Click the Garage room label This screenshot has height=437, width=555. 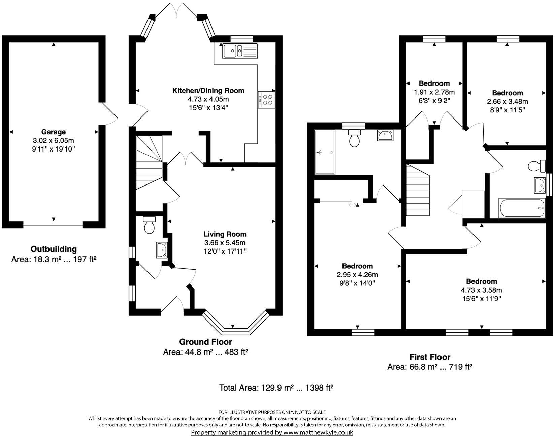[x=53, y=132]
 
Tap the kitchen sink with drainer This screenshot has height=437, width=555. [x=239, y=51]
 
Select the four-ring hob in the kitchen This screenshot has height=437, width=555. [x=267, y=100]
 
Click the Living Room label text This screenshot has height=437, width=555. [x=225, y=234]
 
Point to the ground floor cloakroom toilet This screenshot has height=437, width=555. [x=149, y=225]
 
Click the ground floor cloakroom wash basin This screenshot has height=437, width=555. [x=162, y=250]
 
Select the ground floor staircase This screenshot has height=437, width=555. [x=149, y=162]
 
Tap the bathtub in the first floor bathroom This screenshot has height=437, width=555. [x=521, y=208]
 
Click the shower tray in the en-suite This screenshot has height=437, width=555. [x=325, y=153]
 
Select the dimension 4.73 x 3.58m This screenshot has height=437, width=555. [x=481, y=290]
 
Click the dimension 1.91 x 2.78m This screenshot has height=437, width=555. [x=434, y=92]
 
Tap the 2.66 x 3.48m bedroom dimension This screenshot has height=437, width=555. [x=507, y=101]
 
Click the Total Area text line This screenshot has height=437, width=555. [x=276, y=388]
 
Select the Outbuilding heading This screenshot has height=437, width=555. [x=54, y=249]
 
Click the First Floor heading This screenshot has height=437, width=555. [x=429, y=357]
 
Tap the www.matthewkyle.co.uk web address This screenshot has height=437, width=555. [x=318, y=432]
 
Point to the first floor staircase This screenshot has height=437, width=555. [x=418, y=190]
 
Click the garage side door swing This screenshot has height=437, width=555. [x=109, y=114]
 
